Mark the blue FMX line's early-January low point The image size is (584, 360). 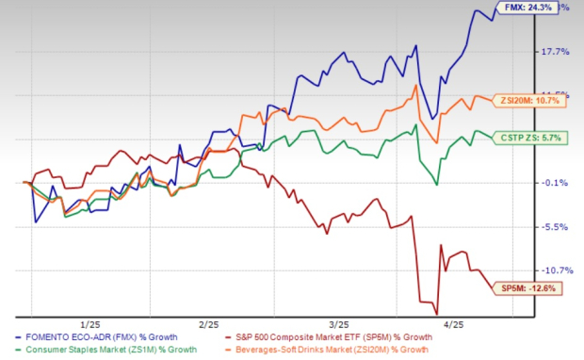click(x=35, y=222)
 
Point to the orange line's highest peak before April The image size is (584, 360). click(x=415, y=86)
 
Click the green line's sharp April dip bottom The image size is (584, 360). click(x=437, y=185)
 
